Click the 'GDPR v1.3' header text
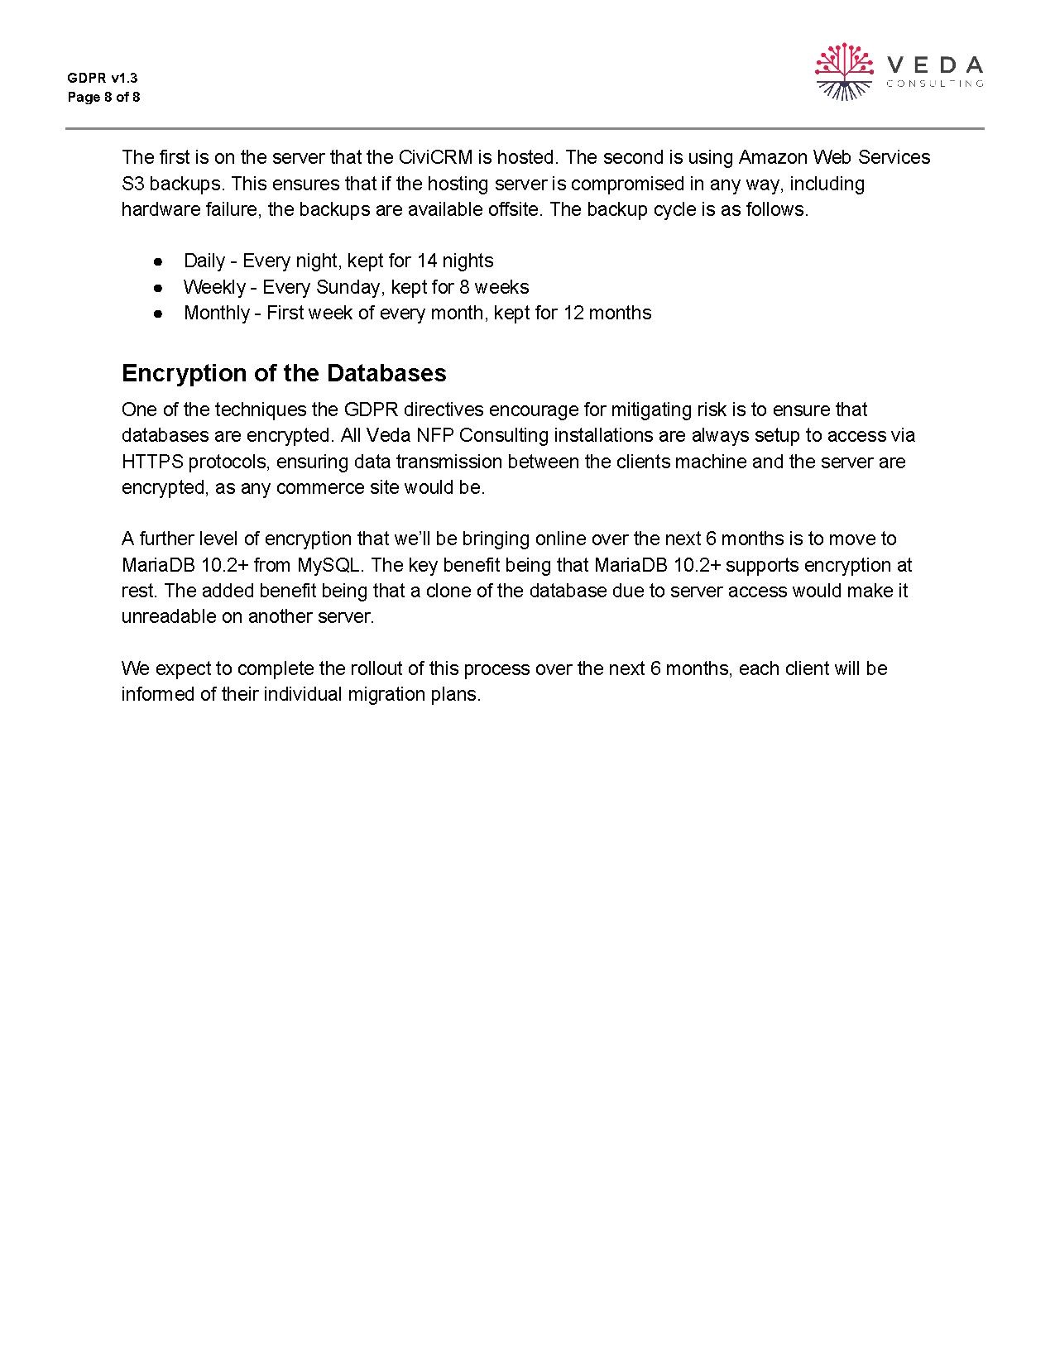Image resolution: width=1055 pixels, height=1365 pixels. (x=103, y=79)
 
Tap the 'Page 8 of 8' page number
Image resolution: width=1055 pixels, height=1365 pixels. (x=103, y=98)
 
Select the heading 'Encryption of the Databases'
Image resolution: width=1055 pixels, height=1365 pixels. (x=284, y=373)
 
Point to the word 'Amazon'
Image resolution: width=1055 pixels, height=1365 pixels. (x=772, y=157)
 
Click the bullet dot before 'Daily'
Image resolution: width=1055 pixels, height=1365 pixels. (x=157, y=261)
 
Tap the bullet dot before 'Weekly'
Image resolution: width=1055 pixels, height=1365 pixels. (x=157, y=288)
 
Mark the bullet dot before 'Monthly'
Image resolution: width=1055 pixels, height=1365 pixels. (x=157, y=314)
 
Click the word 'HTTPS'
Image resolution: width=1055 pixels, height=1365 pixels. (x=151, y=462)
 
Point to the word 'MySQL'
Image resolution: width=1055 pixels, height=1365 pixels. (x=328, y=565)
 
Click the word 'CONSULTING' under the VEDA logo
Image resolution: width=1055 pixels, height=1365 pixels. (x=935, y=84)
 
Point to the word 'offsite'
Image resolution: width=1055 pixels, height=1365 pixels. (x=511, y=209)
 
